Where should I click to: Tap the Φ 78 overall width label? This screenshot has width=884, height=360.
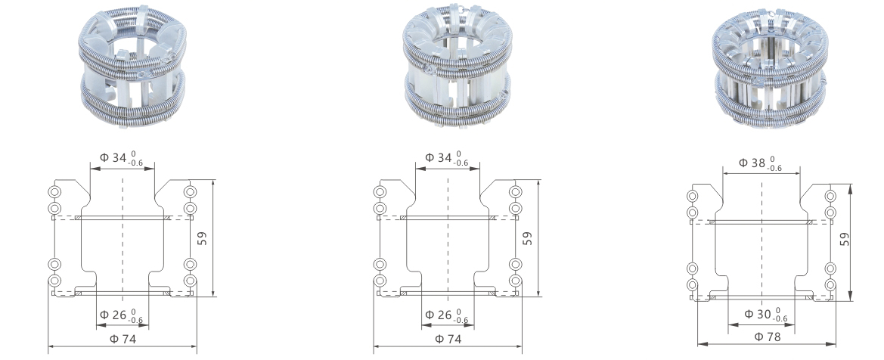tap(768, 337)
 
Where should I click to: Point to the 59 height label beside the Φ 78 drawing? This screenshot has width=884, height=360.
tap(844, 239)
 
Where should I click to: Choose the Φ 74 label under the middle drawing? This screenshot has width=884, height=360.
tap(448, 339)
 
